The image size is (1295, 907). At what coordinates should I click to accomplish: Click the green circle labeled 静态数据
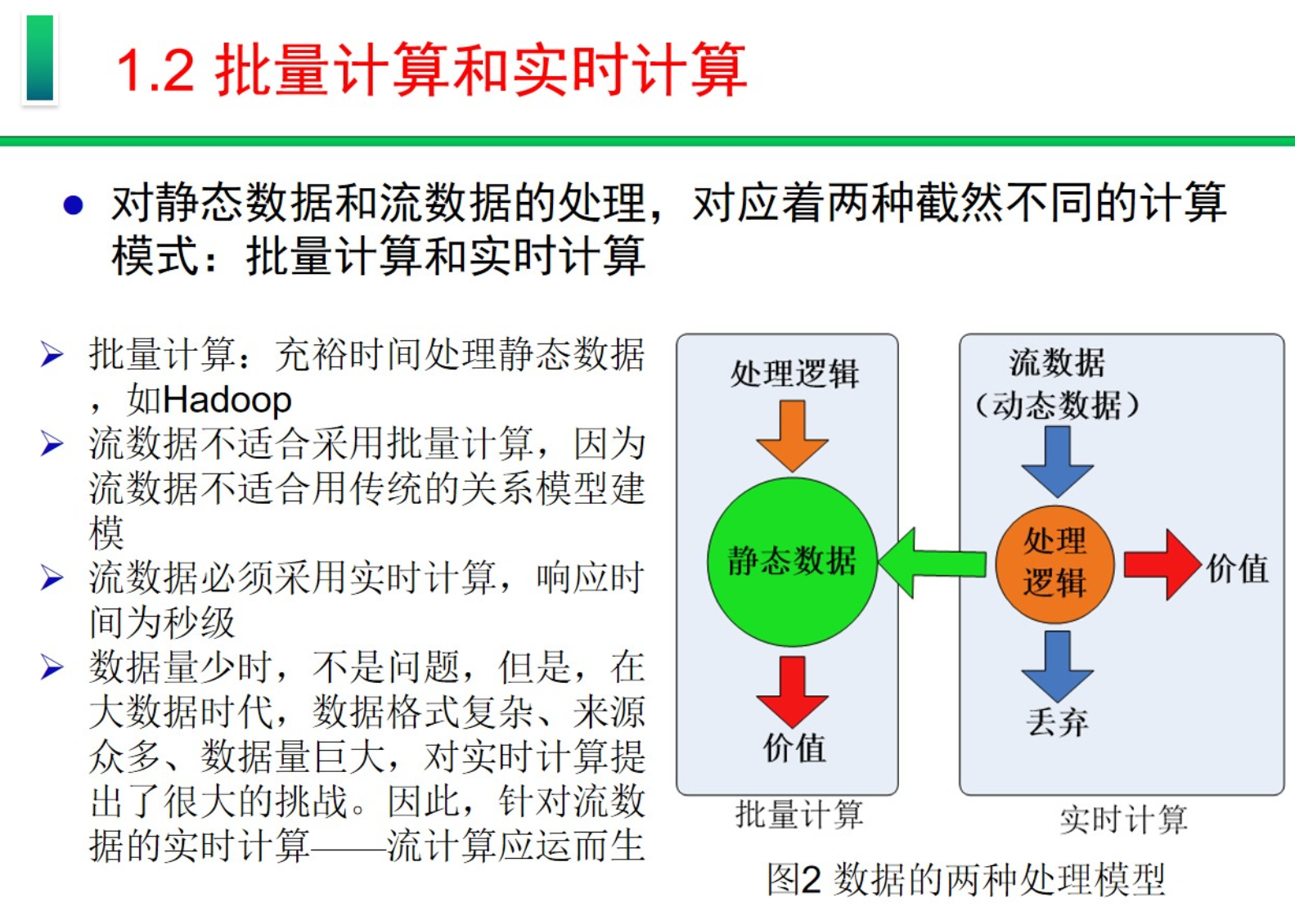[x=792, y=562]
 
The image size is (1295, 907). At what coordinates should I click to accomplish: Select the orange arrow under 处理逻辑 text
[x=792, y=435]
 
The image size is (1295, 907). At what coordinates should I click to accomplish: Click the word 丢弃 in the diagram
[x=1057, y=722]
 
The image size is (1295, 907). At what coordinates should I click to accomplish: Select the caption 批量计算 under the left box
[x=799, y=815]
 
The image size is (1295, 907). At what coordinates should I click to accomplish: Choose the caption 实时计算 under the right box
[x=1122, y=819]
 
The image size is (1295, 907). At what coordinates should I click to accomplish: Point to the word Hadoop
[x=227, y=401]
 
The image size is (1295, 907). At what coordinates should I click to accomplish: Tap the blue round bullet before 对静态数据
[x=73, y=204]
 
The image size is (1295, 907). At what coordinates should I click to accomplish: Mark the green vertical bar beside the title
[x=39, y=58]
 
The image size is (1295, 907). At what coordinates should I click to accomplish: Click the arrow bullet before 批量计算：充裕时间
[x=52, y=355]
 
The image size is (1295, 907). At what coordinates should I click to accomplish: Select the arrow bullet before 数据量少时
[x=52, y=667]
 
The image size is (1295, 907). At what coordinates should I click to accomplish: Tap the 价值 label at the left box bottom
[x=794, y=748]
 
